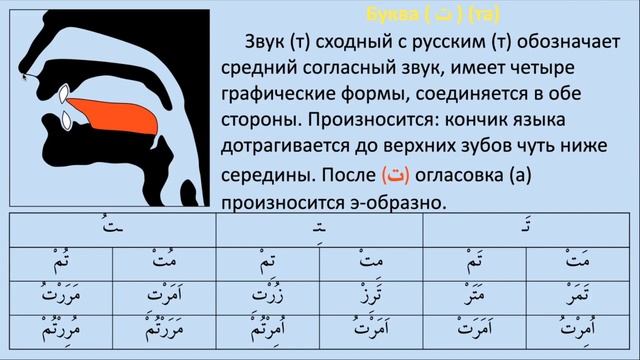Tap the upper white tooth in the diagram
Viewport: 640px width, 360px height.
coord(64,97)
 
